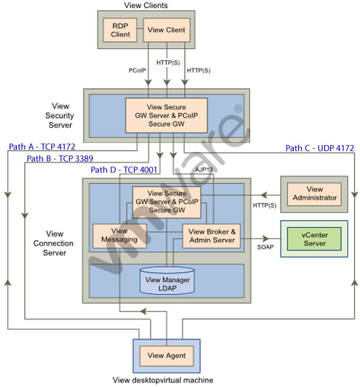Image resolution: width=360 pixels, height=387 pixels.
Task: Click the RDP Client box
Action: point(121,30)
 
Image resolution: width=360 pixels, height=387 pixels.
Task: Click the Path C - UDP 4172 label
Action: point(320,148)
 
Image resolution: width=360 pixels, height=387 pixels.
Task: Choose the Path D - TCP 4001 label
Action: point(123,170)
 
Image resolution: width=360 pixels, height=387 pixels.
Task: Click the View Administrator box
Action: point(315,194)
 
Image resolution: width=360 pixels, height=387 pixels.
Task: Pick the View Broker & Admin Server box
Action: point(212,235)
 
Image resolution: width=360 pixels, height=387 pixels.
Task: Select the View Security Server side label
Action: point(60,115)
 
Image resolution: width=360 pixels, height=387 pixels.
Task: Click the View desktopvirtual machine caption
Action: point(163,380)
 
